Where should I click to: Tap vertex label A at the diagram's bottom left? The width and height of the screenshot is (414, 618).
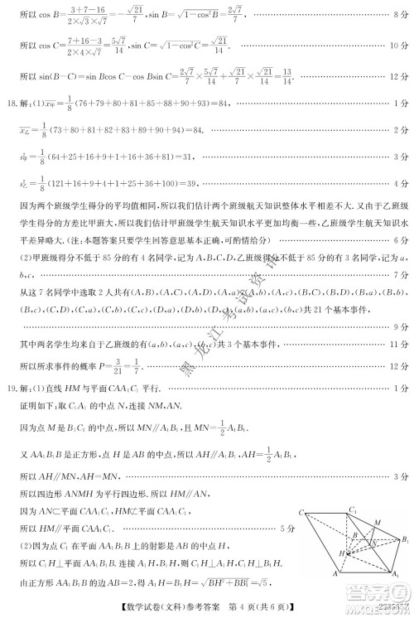coord(311,572)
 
